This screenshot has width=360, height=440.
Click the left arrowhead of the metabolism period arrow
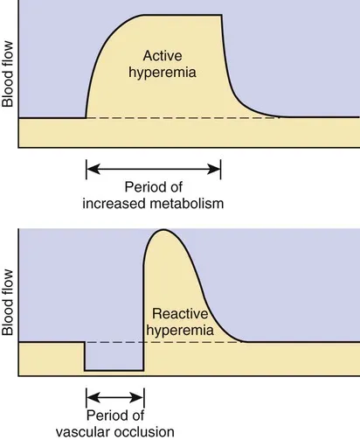click(89, 169)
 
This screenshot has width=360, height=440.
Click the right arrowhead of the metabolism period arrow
click(217, 169)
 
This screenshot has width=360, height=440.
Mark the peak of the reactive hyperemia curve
click(160, 230)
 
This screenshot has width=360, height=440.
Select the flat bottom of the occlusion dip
click(114, 371)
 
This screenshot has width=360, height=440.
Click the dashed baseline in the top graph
click(175, 118)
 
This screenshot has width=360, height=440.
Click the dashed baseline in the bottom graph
click(114, 342)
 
